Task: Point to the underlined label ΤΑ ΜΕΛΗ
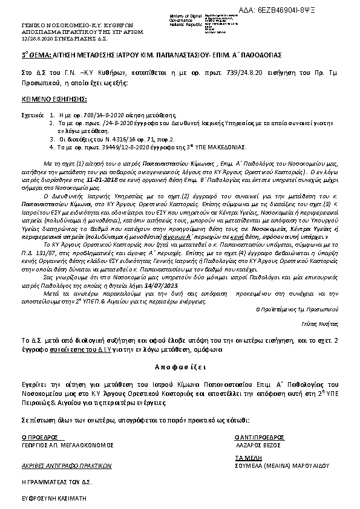[246, 458]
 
